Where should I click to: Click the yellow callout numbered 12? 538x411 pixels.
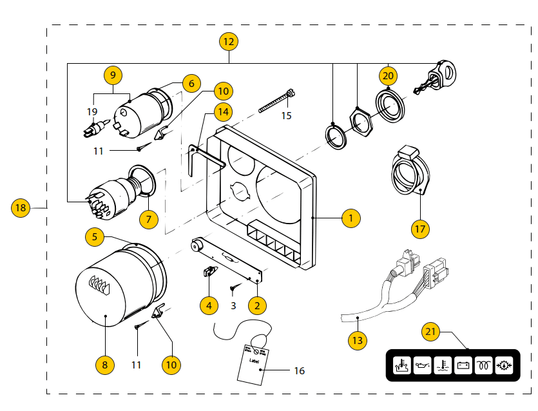pyautogui.click(x=229, y=43)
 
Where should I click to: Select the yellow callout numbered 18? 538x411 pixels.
pyautogui.click(x=21, y=208)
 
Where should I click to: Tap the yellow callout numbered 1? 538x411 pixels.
pyautogui.click(x=351, y=218)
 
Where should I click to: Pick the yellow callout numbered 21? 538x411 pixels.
pyautogui.click(x=430, y=332)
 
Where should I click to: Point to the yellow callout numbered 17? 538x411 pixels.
pyautogui.click(x=420, y=228)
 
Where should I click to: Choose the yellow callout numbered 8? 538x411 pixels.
pyautogui.click(x=104, y=365)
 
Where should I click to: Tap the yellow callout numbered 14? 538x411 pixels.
pyautogui.click(x=222, y=111)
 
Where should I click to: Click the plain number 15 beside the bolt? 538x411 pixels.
pyautogui.click(x=286, y=116)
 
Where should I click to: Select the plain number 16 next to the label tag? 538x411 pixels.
pyautogui.click(x=299, y=370)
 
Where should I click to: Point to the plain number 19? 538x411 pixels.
pyautogui.click(x=92, y=111)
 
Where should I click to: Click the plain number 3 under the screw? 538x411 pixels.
pyautogui.click(x=233, y=305)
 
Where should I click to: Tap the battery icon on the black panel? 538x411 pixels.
pyautogui.click(x=463, y=366)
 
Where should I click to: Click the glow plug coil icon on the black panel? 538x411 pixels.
pyautogui.click(x=483, y=366)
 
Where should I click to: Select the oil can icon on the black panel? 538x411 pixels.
pyautogui.click(x=421, y=366)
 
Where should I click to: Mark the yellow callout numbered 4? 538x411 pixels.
pyautogui.click(x=208, y=305)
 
